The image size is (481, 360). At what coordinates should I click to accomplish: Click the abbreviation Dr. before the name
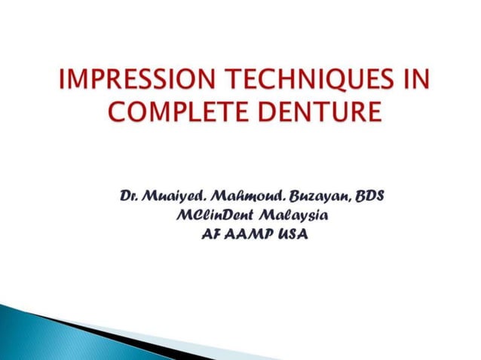click(131, 197)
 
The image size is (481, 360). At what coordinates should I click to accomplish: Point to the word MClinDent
click(210, 216)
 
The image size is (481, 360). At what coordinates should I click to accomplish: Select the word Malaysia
click(293, 216)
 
